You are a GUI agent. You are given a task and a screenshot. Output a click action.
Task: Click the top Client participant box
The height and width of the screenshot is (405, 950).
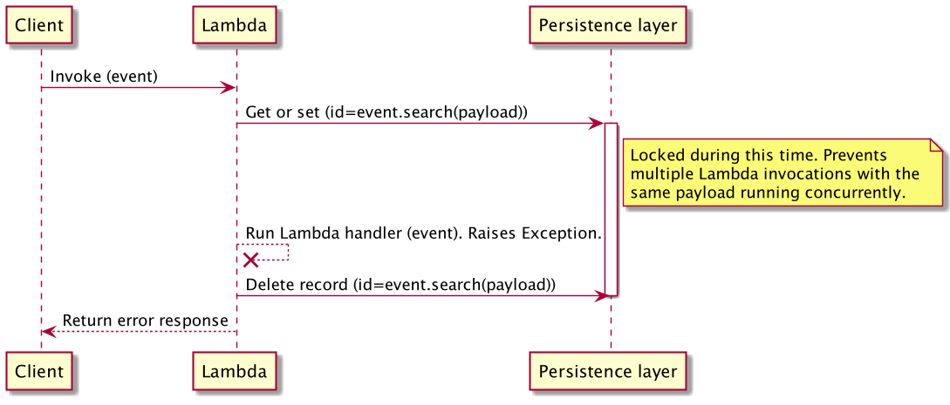39,25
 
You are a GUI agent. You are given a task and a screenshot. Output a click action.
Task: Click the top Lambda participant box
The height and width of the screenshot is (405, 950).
234,25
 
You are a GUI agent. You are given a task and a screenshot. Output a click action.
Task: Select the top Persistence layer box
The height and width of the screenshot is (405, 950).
608,25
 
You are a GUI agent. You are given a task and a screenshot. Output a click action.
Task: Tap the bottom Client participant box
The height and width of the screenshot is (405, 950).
39,371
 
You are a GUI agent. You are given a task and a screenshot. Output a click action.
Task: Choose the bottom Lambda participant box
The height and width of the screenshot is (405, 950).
234,371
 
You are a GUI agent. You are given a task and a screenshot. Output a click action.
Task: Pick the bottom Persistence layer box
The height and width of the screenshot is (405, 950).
608,371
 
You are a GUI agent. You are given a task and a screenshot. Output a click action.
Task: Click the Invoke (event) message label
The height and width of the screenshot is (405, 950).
104,77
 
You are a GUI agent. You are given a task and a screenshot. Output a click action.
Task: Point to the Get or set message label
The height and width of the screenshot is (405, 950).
386,112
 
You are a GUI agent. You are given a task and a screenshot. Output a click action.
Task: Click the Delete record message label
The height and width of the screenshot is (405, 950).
400,285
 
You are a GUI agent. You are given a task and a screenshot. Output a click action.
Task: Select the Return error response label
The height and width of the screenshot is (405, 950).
145,321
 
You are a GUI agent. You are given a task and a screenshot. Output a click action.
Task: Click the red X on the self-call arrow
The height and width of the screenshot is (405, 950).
250,260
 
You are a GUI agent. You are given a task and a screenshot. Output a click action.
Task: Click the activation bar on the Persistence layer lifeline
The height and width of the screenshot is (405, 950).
611,209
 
